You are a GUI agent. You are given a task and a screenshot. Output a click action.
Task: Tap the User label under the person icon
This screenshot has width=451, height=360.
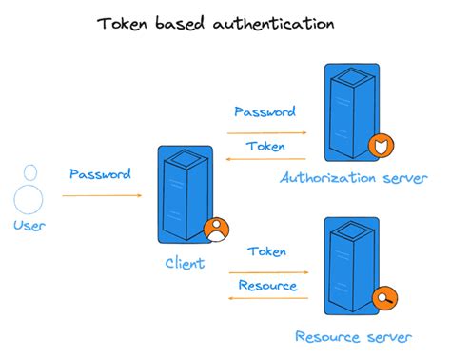29,226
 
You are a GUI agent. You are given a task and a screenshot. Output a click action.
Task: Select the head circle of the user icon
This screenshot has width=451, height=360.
30,172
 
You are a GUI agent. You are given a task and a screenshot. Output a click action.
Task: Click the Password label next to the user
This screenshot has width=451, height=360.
100,174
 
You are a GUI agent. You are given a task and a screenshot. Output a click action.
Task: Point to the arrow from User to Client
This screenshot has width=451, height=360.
102,196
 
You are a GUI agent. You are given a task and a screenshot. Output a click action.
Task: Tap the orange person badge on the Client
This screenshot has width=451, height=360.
216,230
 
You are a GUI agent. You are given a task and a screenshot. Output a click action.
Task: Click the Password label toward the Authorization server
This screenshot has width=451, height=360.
265,111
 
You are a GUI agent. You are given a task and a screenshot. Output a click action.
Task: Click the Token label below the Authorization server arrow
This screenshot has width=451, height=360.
265,147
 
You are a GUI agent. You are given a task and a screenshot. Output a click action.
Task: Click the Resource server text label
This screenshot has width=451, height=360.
353,337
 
